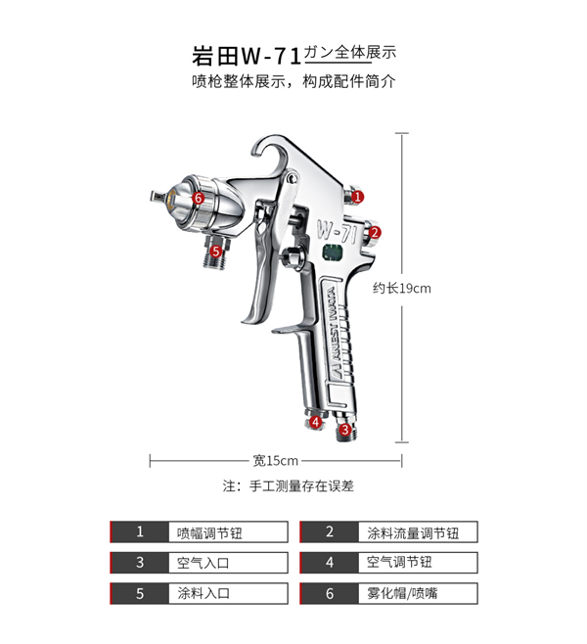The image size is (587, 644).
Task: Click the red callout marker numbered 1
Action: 357,197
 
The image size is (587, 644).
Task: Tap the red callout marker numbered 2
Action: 375,233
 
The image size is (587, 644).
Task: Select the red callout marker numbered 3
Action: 344,430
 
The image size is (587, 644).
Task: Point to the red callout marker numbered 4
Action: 315,422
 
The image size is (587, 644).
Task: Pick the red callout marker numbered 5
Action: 216,251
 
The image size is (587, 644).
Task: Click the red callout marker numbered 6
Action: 199,198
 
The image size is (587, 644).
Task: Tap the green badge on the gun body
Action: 333,253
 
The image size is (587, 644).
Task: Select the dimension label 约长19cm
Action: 402,289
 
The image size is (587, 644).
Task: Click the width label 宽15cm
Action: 275,461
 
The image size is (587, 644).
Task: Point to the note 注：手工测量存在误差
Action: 289,486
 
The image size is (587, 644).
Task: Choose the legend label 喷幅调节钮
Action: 209,533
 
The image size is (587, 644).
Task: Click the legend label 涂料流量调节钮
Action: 413,533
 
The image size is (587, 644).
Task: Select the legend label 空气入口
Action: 203,563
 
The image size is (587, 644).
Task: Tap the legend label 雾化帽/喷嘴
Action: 402,593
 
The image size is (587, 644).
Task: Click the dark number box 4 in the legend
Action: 330,563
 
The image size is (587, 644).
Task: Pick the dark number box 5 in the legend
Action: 140,593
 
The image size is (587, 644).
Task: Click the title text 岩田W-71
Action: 248,56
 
